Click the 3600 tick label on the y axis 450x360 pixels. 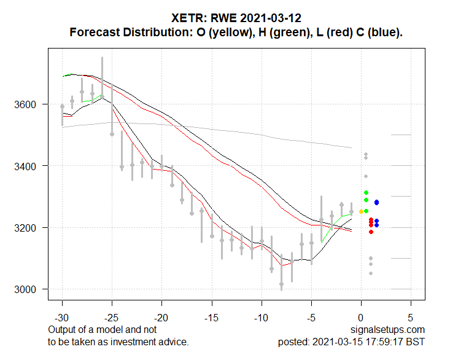[x=28, y=104]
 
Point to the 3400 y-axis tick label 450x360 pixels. [x=28, y=166]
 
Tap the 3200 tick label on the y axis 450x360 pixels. [x=28, y=228]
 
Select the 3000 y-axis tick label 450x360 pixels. [x=28, y=289]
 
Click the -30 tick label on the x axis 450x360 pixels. [x=62, y=319]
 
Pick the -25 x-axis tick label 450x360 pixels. [x=112, y=319]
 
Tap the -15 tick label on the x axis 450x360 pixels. [x=212, y=319]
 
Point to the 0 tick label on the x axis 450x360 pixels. [x=361, y=319]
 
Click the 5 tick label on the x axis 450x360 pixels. [x=411, y=319]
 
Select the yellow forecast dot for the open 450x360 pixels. [x=361, y=212]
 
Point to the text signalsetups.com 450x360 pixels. [x=389, y=331]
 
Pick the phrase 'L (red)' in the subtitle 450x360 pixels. [x=326, y=32]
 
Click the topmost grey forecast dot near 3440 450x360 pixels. [x=366, y=154]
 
